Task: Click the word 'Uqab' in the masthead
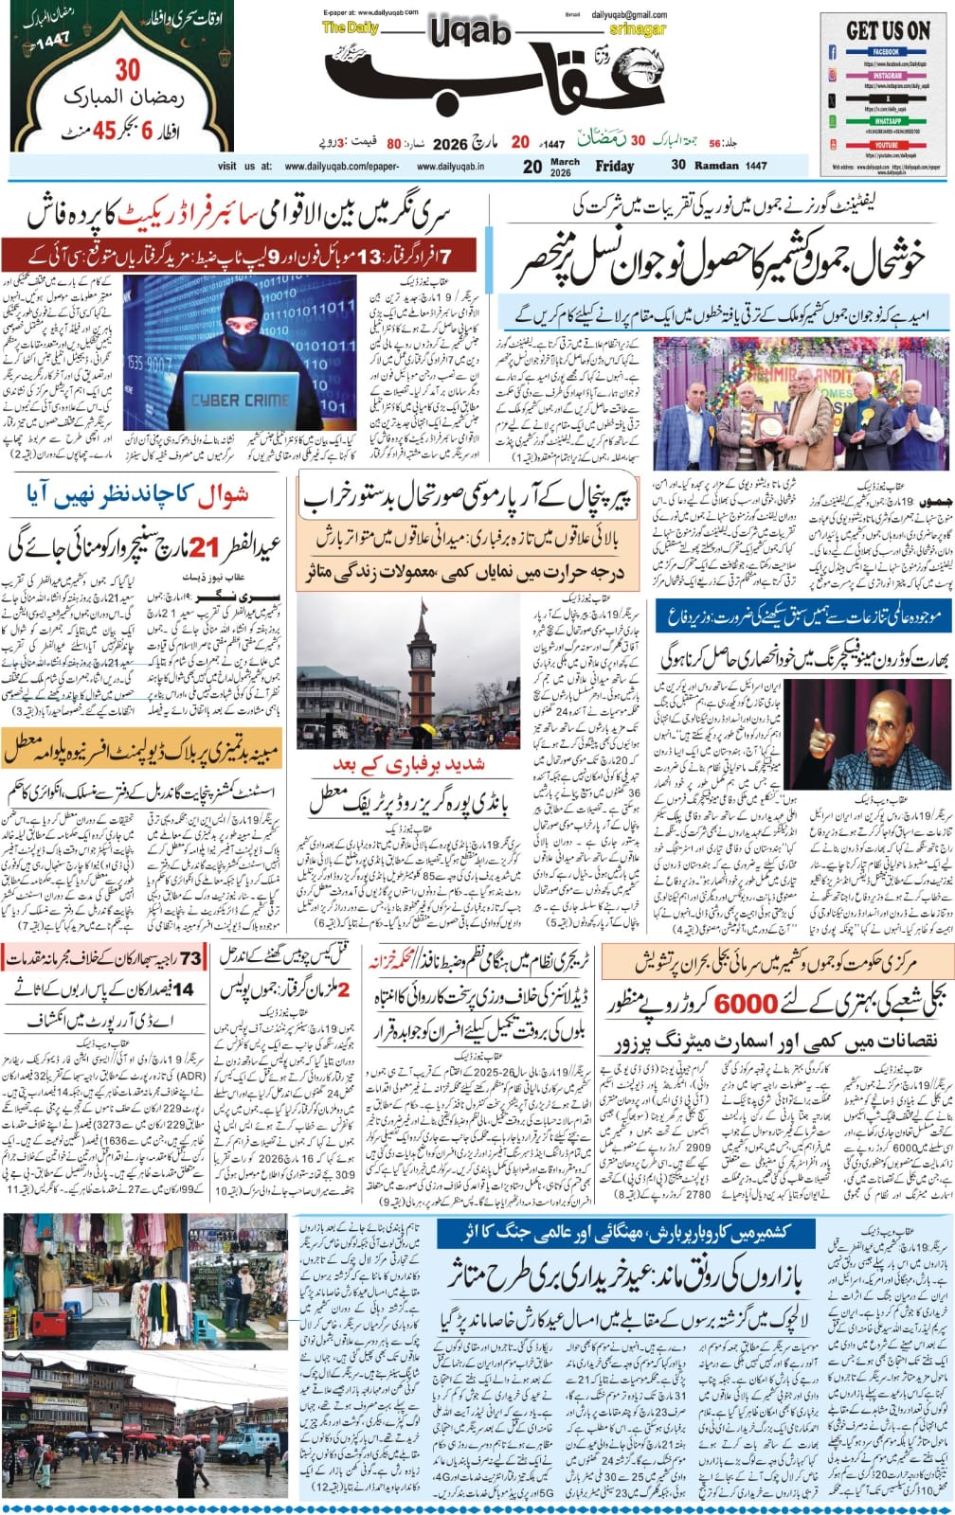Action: (470, 34)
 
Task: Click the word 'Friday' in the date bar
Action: (614, 166)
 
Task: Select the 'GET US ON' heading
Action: (888, 29)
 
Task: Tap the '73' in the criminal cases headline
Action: (190, 959)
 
